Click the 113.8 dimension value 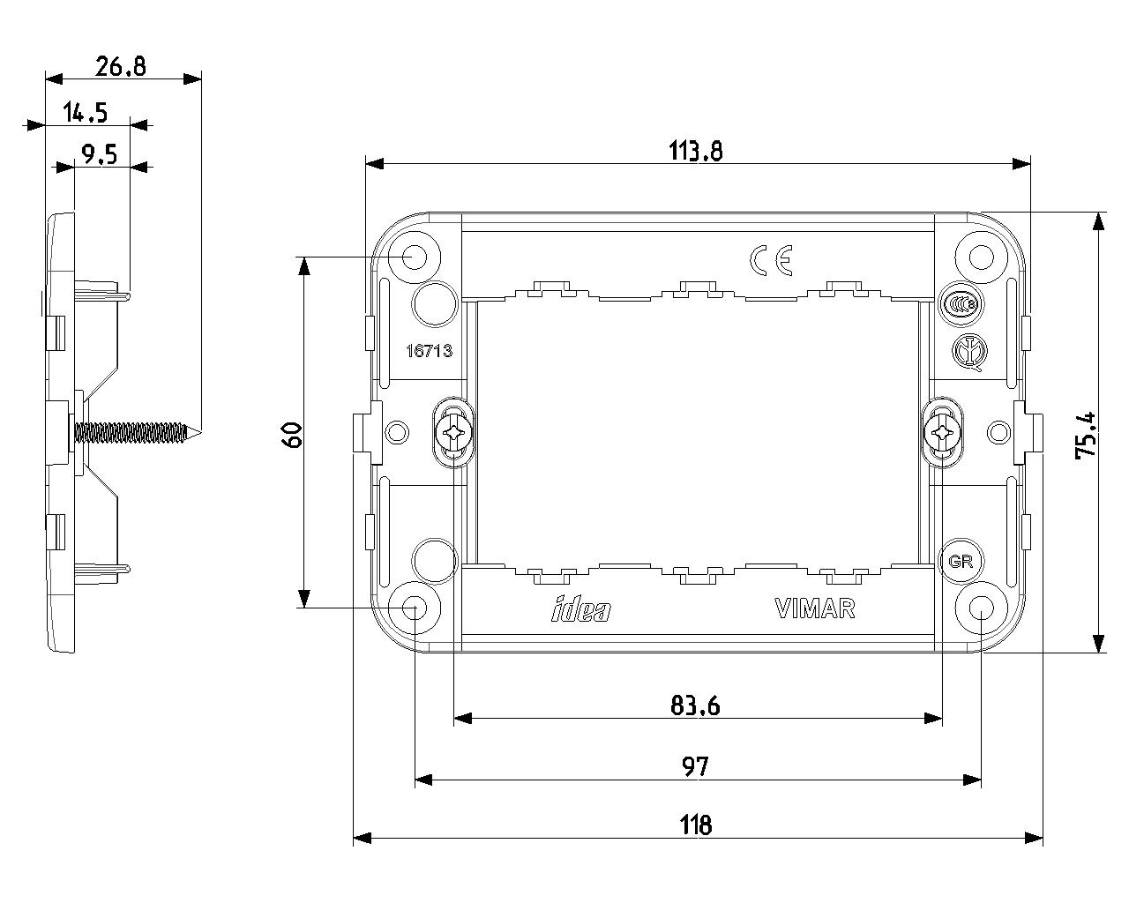tap(696, 152)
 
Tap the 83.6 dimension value tap(695, 705)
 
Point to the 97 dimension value tap(695, 766)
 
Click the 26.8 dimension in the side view tap(121, 66)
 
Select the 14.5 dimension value tap(86, 112)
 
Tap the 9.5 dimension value tap(99, 155)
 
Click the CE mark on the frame tap(772, 259)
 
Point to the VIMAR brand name tap(814, 609)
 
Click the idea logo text tap(580, 609)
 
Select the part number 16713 tap(429, 351)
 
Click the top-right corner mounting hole tap(982, 257)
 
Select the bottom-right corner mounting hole tap(982, 608)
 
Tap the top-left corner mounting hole tap(414, 257)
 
